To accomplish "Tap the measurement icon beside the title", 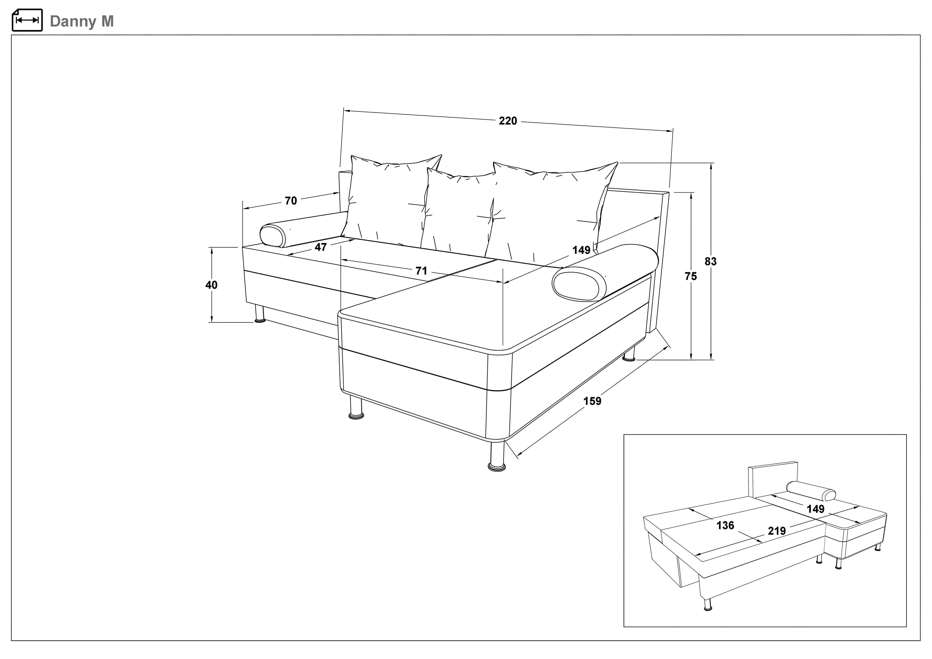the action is (x=27, y=20).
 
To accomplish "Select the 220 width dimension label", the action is (x=508, y=121).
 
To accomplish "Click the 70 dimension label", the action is (x=291, y=201).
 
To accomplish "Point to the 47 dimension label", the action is (x=321, y=247).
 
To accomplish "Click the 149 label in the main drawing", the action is (x=581, y=250).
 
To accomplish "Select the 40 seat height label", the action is (x=211, y=285).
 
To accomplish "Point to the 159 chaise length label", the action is (x=592, y=401).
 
